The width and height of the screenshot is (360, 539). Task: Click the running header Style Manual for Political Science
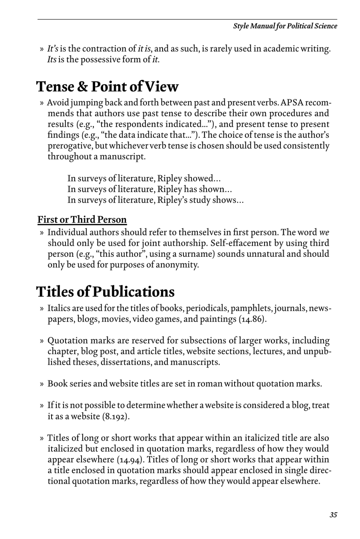(285, 26)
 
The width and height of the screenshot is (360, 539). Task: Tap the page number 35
(333, 515)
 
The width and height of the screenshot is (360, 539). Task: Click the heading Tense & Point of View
(107, 87)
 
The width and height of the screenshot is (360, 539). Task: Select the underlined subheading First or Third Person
(82, 220)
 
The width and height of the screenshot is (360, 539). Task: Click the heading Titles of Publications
(105, 292)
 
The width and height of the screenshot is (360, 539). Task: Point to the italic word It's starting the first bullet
(53, 49)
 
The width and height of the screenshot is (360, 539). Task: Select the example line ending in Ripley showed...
(144, 178)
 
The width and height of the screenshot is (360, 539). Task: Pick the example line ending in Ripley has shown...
(150, 189)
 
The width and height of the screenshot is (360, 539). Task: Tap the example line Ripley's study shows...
(155, 200)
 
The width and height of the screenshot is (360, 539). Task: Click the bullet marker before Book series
(42, 384)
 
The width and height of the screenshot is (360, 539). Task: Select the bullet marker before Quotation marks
(42, 341)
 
